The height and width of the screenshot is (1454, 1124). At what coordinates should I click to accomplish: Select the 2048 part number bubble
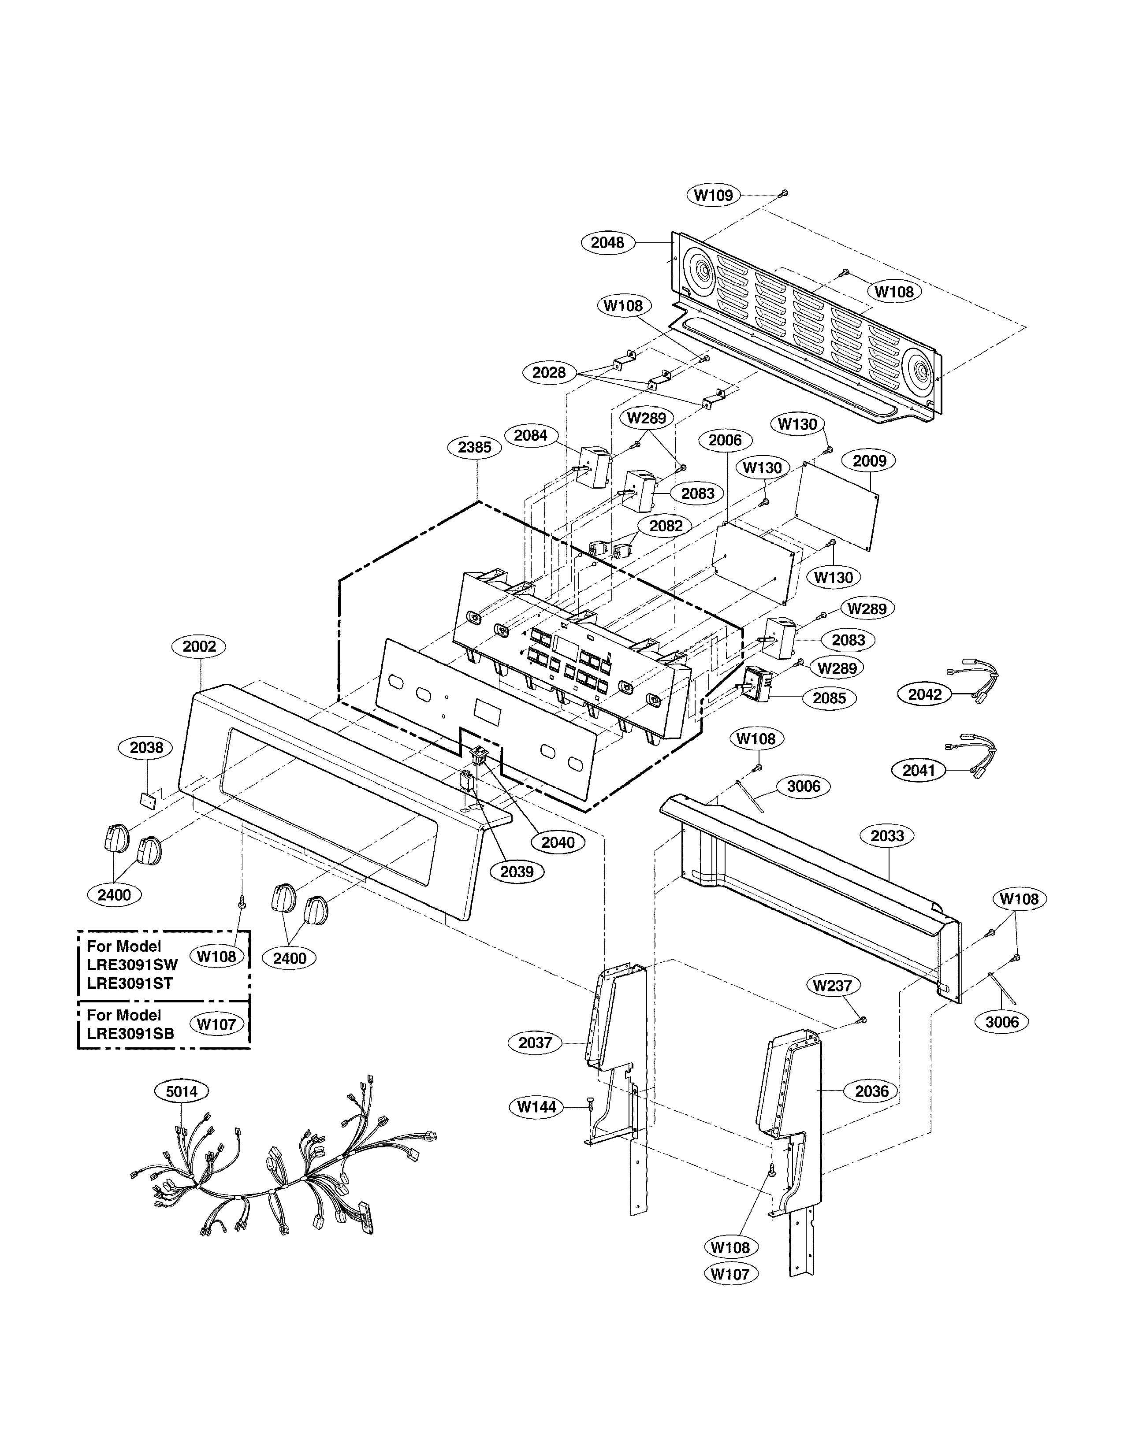(x=607, y=242)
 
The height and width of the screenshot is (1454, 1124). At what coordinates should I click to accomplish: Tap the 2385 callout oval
(x=474, y=447)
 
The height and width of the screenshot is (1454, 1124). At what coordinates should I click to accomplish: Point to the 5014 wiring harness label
(x=181, y=1091)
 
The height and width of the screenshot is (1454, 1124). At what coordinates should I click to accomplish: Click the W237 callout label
(x=832, y=985)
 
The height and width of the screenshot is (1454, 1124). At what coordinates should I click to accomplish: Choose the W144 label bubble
(x=537, y=1106)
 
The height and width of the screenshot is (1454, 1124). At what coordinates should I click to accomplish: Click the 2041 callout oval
(x=919, y=770)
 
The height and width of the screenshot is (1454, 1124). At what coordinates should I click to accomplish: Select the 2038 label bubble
(x=146, y=748)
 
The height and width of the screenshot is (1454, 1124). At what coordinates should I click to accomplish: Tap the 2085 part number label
(x=829, y=698)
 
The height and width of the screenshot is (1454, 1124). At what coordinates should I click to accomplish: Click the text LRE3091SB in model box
(x=130, y=1034)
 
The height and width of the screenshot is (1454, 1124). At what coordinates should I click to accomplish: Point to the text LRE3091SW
(x=132, y=964)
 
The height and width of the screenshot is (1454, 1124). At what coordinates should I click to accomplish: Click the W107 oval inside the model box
(x=216, y=1024)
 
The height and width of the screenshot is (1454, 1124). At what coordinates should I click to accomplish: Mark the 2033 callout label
(x=887, y=835)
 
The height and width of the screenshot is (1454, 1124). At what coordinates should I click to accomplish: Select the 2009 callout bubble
(x=869, y=461)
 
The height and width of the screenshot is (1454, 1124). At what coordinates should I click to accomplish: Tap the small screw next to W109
(x=784, y=193)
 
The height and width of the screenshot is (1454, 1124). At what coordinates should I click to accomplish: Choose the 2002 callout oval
(x=199, y=646)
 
